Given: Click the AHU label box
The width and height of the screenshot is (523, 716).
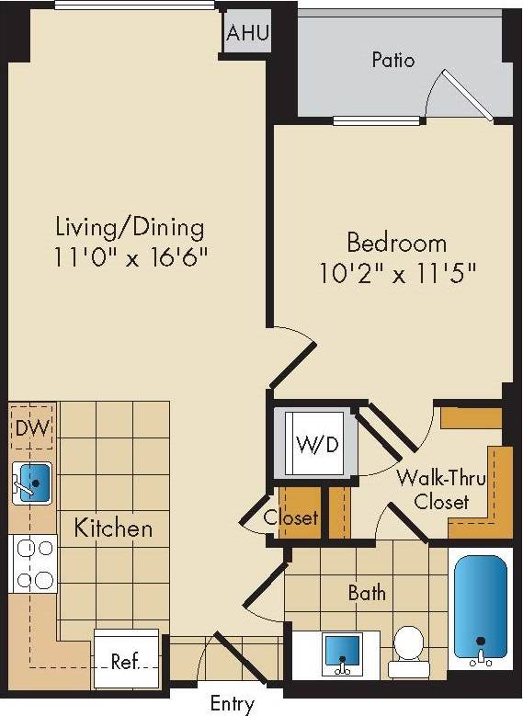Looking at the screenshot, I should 248,34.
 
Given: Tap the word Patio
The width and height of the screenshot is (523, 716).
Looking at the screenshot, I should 392,61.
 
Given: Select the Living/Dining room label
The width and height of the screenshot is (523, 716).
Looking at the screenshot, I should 130,226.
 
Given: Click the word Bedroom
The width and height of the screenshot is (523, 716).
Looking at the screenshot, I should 396,244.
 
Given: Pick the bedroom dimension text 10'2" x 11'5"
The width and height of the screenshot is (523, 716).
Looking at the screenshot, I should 398,274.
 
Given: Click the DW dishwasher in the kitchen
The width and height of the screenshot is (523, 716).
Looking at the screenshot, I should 33,428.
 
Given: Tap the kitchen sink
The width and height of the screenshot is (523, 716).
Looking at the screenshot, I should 33,482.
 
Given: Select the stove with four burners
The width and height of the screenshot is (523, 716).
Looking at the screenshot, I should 33,563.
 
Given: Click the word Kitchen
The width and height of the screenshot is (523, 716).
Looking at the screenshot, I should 113,528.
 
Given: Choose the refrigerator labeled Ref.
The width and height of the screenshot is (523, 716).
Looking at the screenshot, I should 126,659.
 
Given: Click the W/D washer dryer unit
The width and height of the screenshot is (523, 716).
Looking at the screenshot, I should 316,444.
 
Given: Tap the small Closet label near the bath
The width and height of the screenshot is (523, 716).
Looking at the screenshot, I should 290,518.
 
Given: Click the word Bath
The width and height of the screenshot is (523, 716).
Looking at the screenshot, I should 367,593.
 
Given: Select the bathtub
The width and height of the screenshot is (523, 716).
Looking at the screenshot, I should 479,608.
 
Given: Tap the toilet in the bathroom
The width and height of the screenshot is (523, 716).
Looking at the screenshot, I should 405,646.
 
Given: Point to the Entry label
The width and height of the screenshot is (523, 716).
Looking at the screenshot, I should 232,704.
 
